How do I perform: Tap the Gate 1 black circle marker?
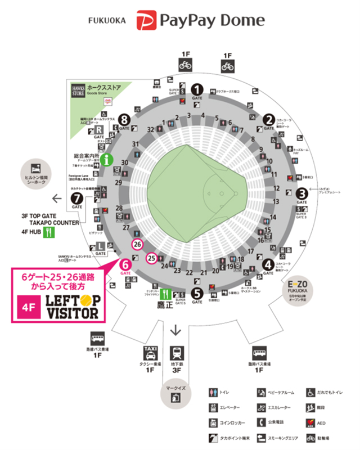197,88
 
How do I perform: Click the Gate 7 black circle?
76,198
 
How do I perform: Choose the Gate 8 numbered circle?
124,119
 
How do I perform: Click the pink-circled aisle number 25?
151,258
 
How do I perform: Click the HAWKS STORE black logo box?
77,90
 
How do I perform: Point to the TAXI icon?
150,353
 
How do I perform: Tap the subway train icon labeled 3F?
177,353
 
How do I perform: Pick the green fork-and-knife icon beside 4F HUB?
51,231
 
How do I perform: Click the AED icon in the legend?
310,422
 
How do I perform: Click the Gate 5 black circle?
196,292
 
